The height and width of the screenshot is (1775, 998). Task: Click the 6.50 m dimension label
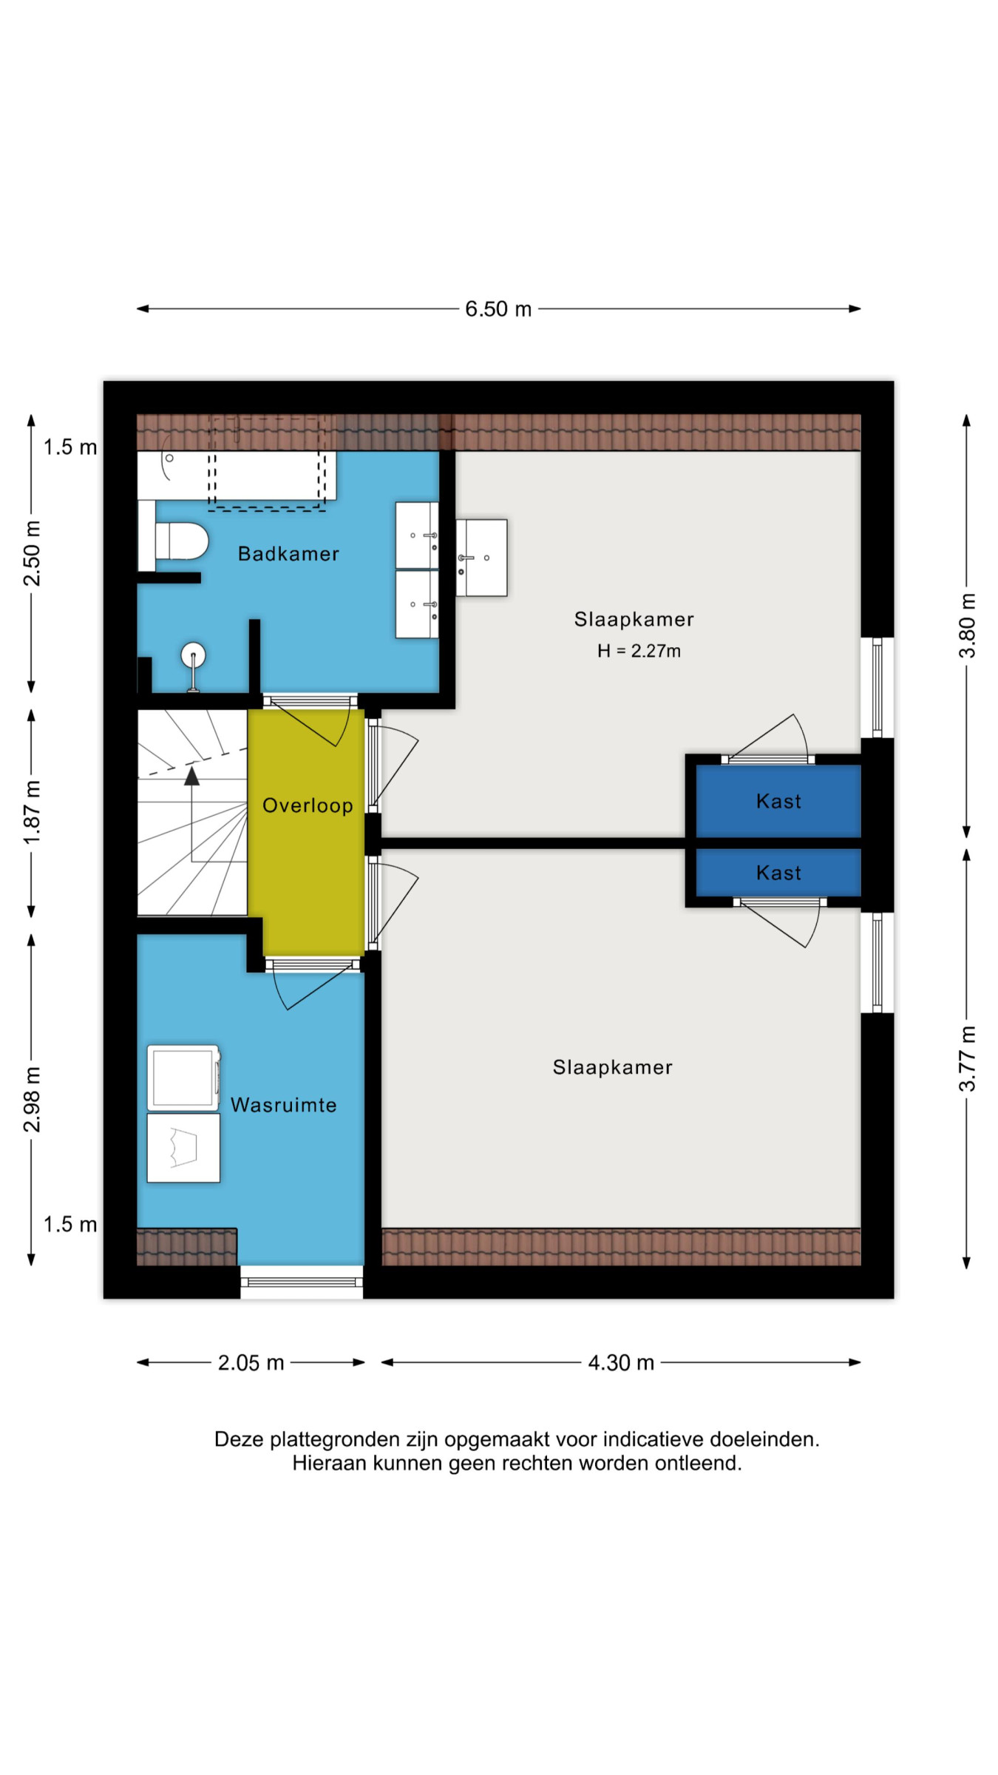click(498, 309)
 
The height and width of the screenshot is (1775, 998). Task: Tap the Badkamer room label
click(288, 554)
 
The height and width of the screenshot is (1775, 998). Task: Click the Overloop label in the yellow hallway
click(308, 805)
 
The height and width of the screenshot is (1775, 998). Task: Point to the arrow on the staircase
click(192, 814)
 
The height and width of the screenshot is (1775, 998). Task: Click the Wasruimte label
click(284, 1105)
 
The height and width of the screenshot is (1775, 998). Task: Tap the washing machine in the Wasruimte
click(183, 1078)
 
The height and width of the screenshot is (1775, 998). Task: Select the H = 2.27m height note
click(639, 651)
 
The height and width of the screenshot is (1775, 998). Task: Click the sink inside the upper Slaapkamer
click(481, 558)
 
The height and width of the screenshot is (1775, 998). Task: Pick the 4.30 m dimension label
click(621, 1363)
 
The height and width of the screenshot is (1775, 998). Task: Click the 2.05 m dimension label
click(251, 1363)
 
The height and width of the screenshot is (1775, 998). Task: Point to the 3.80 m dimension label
click(967, 626)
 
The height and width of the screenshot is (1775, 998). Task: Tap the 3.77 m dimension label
click(967, 1058)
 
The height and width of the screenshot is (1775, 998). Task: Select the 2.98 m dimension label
click(32, 1100)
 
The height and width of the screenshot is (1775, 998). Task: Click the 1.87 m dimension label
click(32, 813)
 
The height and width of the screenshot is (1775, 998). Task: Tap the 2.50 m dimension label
click(32, 553)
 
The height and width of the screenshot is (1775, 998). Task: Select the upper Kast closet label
click(778, 801)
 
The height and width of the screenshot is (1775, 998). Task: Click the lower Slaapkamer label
click(612, 1067)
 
